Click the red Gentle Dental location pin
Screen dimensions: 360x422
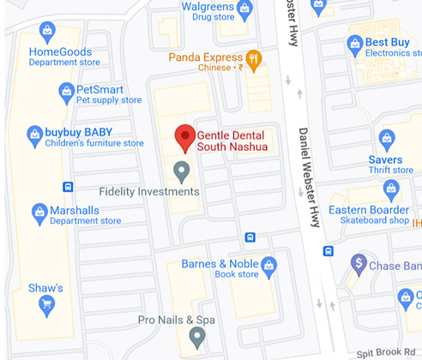pos(184,137)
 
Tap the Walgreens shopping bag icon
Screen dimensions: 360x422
pos(245,10)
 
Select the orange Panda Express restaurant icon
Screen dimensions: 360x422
pos(253,58)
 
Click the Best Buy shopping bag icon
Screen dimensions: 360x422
pos(355,44)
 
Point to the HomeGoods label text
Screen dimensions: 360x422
pos(60,51)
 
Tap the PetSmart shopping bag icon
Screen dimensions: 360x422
pos(66,91)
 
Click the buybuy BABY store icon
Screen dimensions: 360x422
pos(34,135)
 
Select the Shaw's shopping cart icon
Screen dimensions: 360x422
pos(46,302)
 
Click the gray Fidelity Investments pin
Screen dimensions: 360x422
pos(181,171)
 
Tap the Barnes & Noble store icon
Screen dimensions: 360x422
pos(269,265)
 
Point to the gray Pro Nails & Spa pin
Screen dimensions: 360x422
pos(196,337)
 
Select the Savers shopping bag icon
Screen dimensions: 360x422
pos(387,139)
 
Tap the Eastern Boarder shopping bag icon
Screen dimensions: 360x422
pos(391,188)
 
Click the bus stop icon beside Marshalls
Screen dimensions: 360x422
pos(68,187)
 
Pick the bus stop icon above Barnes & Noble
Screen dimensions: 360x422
pos(250,237)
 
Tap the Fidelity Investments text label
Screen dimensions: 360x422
pos(149,191)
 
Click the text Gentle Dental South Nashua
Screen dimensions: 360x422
pos(232,141)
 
